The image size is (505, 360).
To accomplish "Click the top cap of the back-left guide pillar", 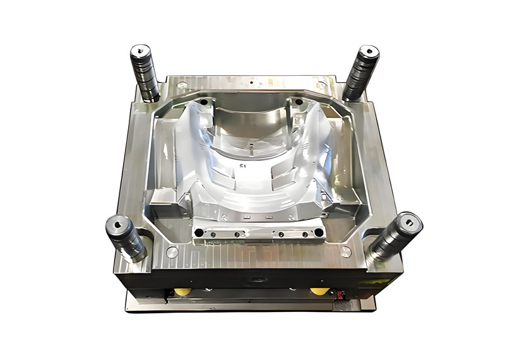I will click(141, 50).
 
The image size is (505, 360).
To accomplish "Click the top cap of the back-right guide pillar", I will click(367, 51).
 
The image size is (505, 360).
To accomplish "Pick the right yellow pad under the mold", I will click(319, 291).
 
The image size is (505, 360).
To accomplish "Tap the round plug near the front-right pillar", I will click(345, 251).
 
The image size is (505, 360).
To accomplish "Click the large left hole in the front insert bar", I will click(200, 234).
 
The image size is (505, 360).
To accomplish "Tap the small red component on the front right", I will click(342, 295).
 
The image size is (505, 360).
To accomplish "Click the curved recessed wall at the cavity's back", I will click(252, 120).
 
